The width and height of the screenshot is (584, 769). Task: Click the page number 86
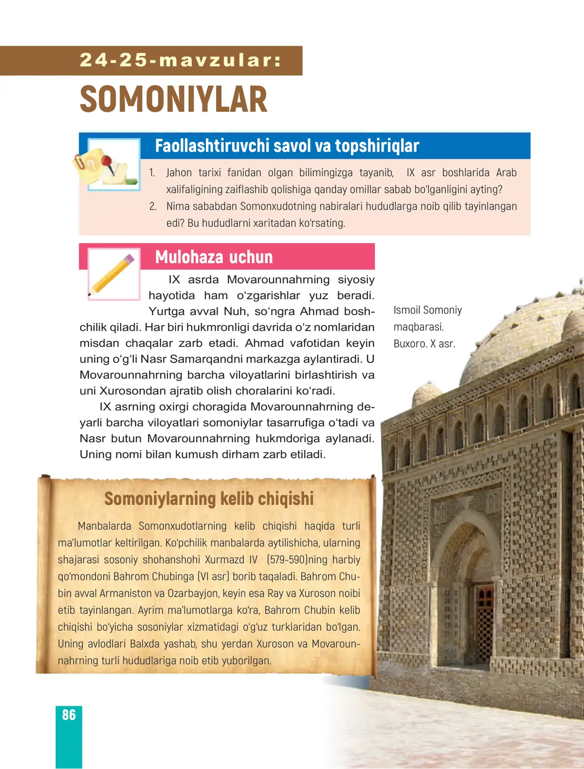point(69,715)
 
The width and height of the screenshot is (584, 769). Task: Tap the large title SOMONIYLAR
point(173,99)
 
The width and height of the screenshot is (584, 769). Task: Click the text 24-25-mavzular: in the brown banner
point(181,60)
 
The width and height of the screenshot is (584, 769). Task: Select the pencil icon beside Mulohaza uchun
point(113,274)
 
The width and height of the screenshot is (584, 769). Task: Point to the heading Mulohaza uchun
point(214,257)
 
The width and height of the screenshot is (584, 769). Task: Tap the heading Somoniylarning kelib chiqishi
point(209,499)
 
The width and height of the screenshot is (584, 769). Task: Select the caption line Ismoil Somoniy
point(427,310)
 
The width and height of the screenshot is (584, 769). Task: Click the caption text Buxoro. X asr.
point(424,343)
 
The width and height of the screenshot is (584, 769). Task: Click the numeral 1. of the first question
point(152,173)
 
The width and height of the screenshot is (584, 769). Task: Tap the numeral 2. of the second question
point(153,206)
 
